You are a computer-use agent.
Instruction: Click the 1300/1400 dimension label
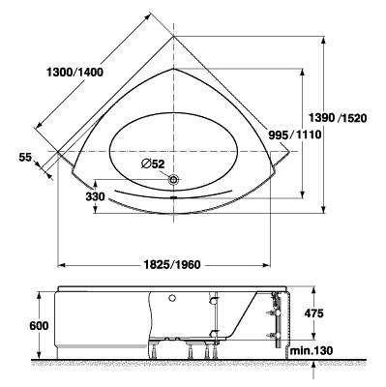pyautogui.click(x=74, y=73)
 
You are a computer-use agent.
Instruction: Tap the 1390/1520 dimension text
pyautogui.click(x=338, y=118)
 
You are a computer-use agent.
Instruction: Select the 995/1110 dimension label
pyautogui.click(x=295, y=134)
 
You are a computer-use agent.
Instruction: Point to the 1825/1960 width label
pyautogui.click(x=172, y=264)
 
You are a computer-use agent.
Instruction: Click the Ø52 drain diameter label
pyautogui.click(x=153, y=164)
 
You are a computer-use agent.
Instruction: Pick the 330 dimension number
pyautogui.click(x=95, y=196)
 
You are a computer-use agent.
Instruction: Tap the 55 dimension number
pyautogui.click(x=25, y=158)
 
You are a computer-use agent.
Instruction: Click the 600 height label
pyautogui.click(x=39, y=326)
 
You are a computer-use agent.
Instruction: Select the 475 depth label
pyautogui.click(x=313, y=313)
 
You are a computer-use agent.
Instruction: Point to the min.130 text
pyautogui.click(x=312, y=350)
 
